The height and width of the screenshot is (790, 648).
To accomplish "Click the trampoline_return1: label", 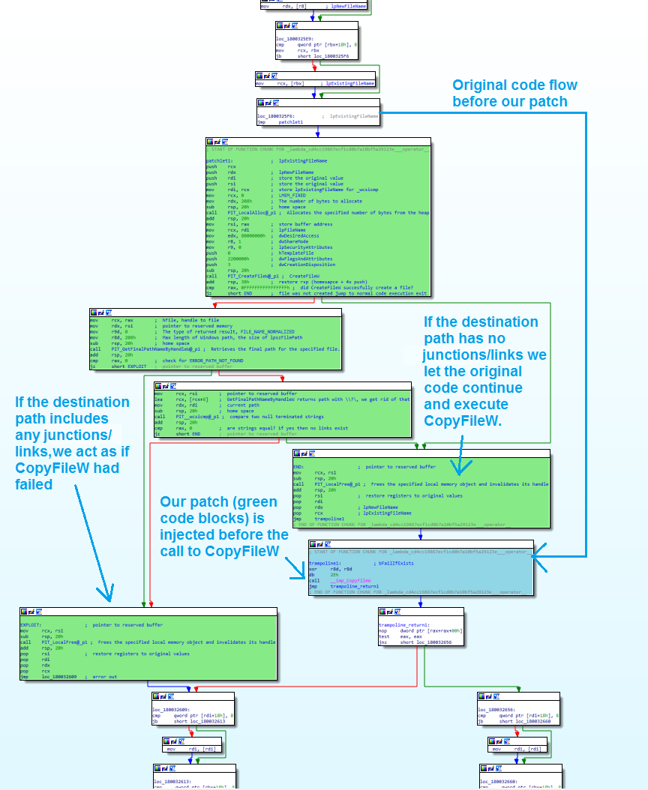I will (403, 624).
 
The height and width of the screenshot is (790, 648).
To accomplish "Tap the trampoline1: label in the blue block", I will (325, 562).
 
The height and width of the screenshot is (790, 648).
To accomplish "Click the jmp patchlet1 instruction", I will (280, 122).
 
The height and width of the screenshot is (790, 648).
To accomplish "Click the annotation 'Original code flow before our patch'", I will (514, 94).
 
